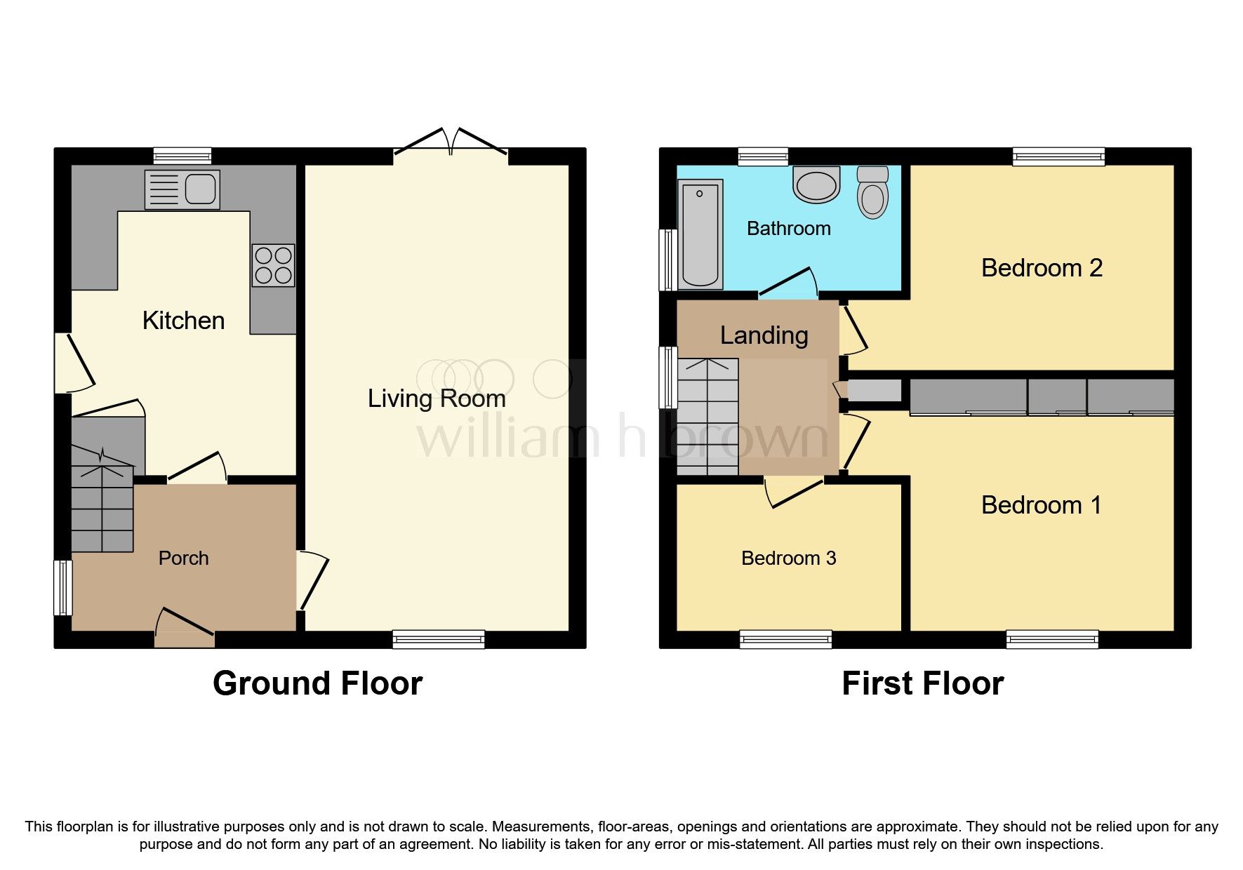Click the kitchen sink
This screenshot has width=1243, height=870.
[182, 189]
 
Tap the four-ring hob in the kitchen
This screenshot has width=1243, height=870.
[273, 265]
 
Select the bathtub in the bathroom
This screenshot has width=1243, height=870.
[700, 234]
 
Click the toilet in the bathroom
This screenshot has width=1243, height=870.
[872, 192]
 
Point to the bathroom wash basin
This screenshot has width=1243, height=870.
[816, 185]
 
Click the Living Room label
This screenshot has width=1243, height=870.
[437, 399]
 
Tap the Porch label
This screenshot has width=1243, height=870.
[183, 558]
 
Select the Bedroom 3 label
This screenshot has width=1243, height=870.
[788, 558]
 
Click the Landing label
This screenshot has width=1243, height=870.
[764, 335]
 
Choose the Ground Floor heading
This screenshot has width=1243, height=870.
[317, 683]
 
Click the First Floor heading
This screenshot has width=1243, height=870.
[922, 683]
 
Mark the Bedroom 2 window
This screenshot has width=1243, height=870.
[1058, 156]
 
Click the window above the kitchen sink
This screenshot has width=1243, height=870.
[182, 156]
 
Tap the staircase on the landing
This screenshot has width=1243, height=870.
[707, 417]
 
